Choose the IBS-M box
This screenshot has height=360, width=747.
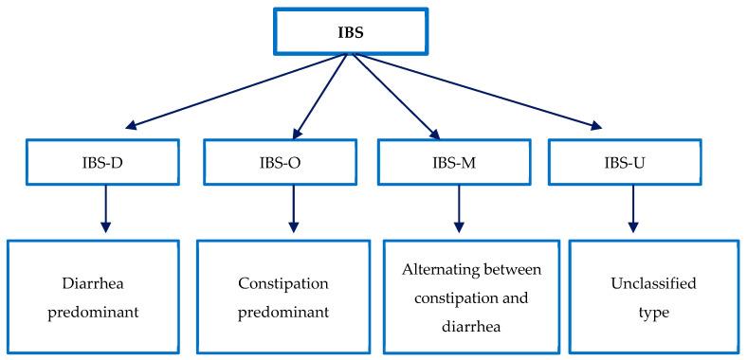(x=460, y=163)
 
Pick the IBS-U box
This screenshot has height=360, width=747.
(x=631, y=163)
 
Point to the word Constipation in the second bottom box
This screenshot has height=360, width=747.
(x=283, y=282)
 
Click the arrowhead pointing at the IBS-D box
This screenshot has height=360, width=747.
(x=132, y=125)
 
